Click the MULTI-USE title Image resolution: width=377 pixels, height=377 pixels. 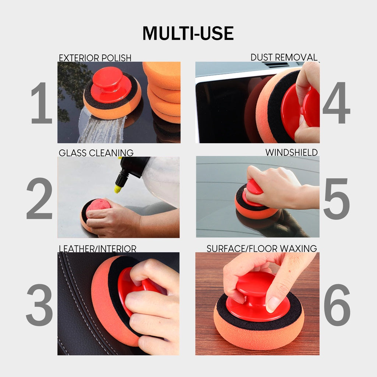(x=188, y=34)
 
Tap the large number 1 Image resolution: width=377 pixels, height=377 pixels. (x=41, y=103)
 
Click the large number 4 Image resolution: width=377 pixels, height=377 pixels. (x=336, y=103)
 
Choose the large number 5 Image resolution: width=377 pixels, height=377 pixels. (x=336, y=199)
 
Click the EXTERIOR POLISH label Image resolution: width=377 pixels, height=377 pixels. (x=95, y=58)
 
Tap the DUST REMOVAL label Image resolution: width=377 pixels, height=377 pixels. (x=284, y=57)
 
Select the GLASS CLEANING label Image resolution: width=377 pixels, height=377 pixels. (x=96, y=153)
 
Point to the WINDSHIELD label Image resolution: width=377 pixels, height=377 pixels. (x=291, y=152)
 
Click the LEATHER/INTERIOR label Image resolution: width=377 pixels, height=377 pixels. (x=98, y=249)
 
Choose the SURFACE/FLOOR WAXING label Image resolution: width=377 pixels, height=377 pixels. (x=262, y=249)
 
